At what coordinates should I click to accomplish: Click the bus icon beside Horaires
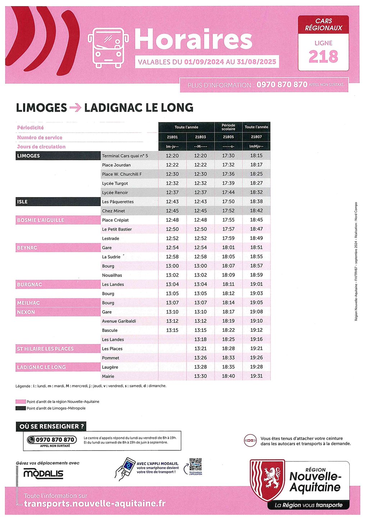click(x=108, y=48)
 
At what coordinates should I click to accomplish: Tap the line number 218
click(x=323, y=57)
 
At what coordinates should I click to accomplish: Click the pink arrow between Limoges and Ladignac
click(x=75, y=107)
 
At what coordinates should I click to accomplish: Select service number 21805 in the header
click(x=228, y=137)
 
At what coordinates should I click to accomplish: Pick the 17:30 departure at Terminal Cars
click(x=228, y=156)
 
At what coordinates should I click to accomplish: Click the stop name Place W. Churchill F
click(x=122, y=174)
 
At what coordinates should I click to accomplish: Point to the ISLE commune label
click(x=22, y=202)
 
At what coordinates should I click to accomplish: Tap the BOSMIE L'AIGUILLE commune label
click(x=41, y=220)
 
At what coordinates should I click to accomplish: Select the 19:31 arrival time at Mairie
click(x=256, y=376)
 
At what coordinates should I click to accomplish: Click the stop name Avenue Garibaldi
click(x=119, y=321)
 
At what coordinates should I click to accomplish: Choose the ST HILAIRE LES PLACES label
click(x=45, y=349)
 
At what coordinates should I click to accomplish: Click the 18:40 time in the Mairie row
click(x=228, y=376)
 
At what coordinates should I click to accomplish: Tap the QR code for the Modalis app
click(x=195, y=464)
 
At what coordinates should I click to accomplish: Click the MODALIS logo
click(x=43, y=474)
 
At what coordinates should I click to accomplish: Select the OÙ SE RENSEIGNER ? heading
click(x=51, y=426)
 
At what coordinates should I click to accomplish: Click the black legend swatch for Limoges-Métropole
click(x=20, y=408)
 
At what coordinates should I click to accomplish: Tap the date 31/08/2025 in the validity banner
click(x=256, y=62)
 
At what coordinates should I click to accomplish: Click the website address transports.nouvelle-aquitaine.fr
click(x=95, y=503)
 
